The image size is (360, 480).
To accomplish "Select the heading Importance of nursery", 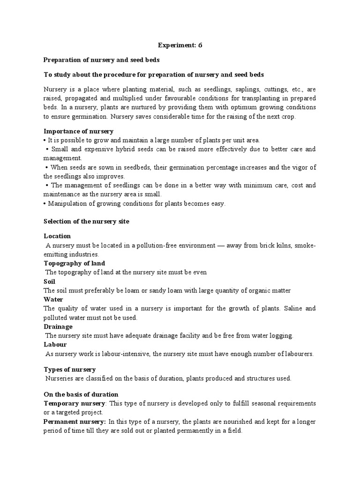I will (x=78, y=131).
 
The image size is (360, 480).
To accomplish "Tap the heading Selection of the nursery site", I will (x=86, y=222).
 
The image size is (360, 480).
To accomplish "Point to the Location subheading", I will (x=57, y=236).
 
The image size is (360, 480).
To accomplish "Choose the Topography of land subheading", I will (x=75, y=263).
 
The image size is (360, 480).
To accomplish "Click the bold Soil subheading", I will (x=49, y=282).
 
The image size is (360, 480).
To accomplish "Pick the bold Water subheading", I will (x=53, y=300).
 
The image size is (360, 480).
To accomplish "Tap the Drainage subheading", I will (x=58, y=327).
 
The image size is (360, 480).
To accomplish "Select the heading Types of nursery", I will (x=70, y=370).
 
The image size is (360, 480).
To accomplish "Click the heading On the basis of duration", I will (x=81, y=395).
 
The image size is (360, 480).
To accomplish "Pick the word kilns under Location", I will (x=279, y=245).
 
